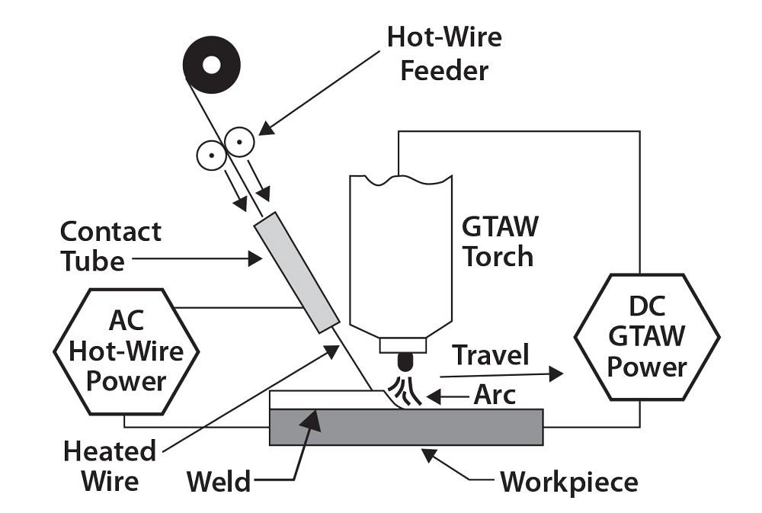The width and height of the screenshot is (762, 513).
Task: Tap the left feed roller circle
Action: coord(210,156)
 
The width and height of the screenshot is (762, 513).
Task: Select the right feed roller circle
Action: coord(240,141)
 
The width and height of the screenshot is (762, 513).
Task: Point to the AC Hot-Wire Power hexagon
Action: coord(126,350)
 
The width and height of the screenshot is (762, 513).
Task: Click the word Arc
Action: coord(495,396)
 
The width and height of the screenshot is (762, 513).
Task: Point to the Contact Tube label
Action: coord(110,246)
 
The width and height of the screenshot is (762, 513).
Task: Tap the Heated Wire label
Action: coord(110,466)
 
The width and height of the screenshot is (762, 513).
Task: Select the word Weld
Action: coord(219,482)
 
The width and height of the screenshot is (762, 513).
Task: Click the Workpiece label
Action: coord(568,482)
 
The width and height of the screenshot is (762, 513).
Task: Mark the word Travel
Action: coord(491,354)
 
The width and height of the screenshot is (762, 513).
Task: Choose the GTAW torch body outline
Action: coord(396,252)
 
